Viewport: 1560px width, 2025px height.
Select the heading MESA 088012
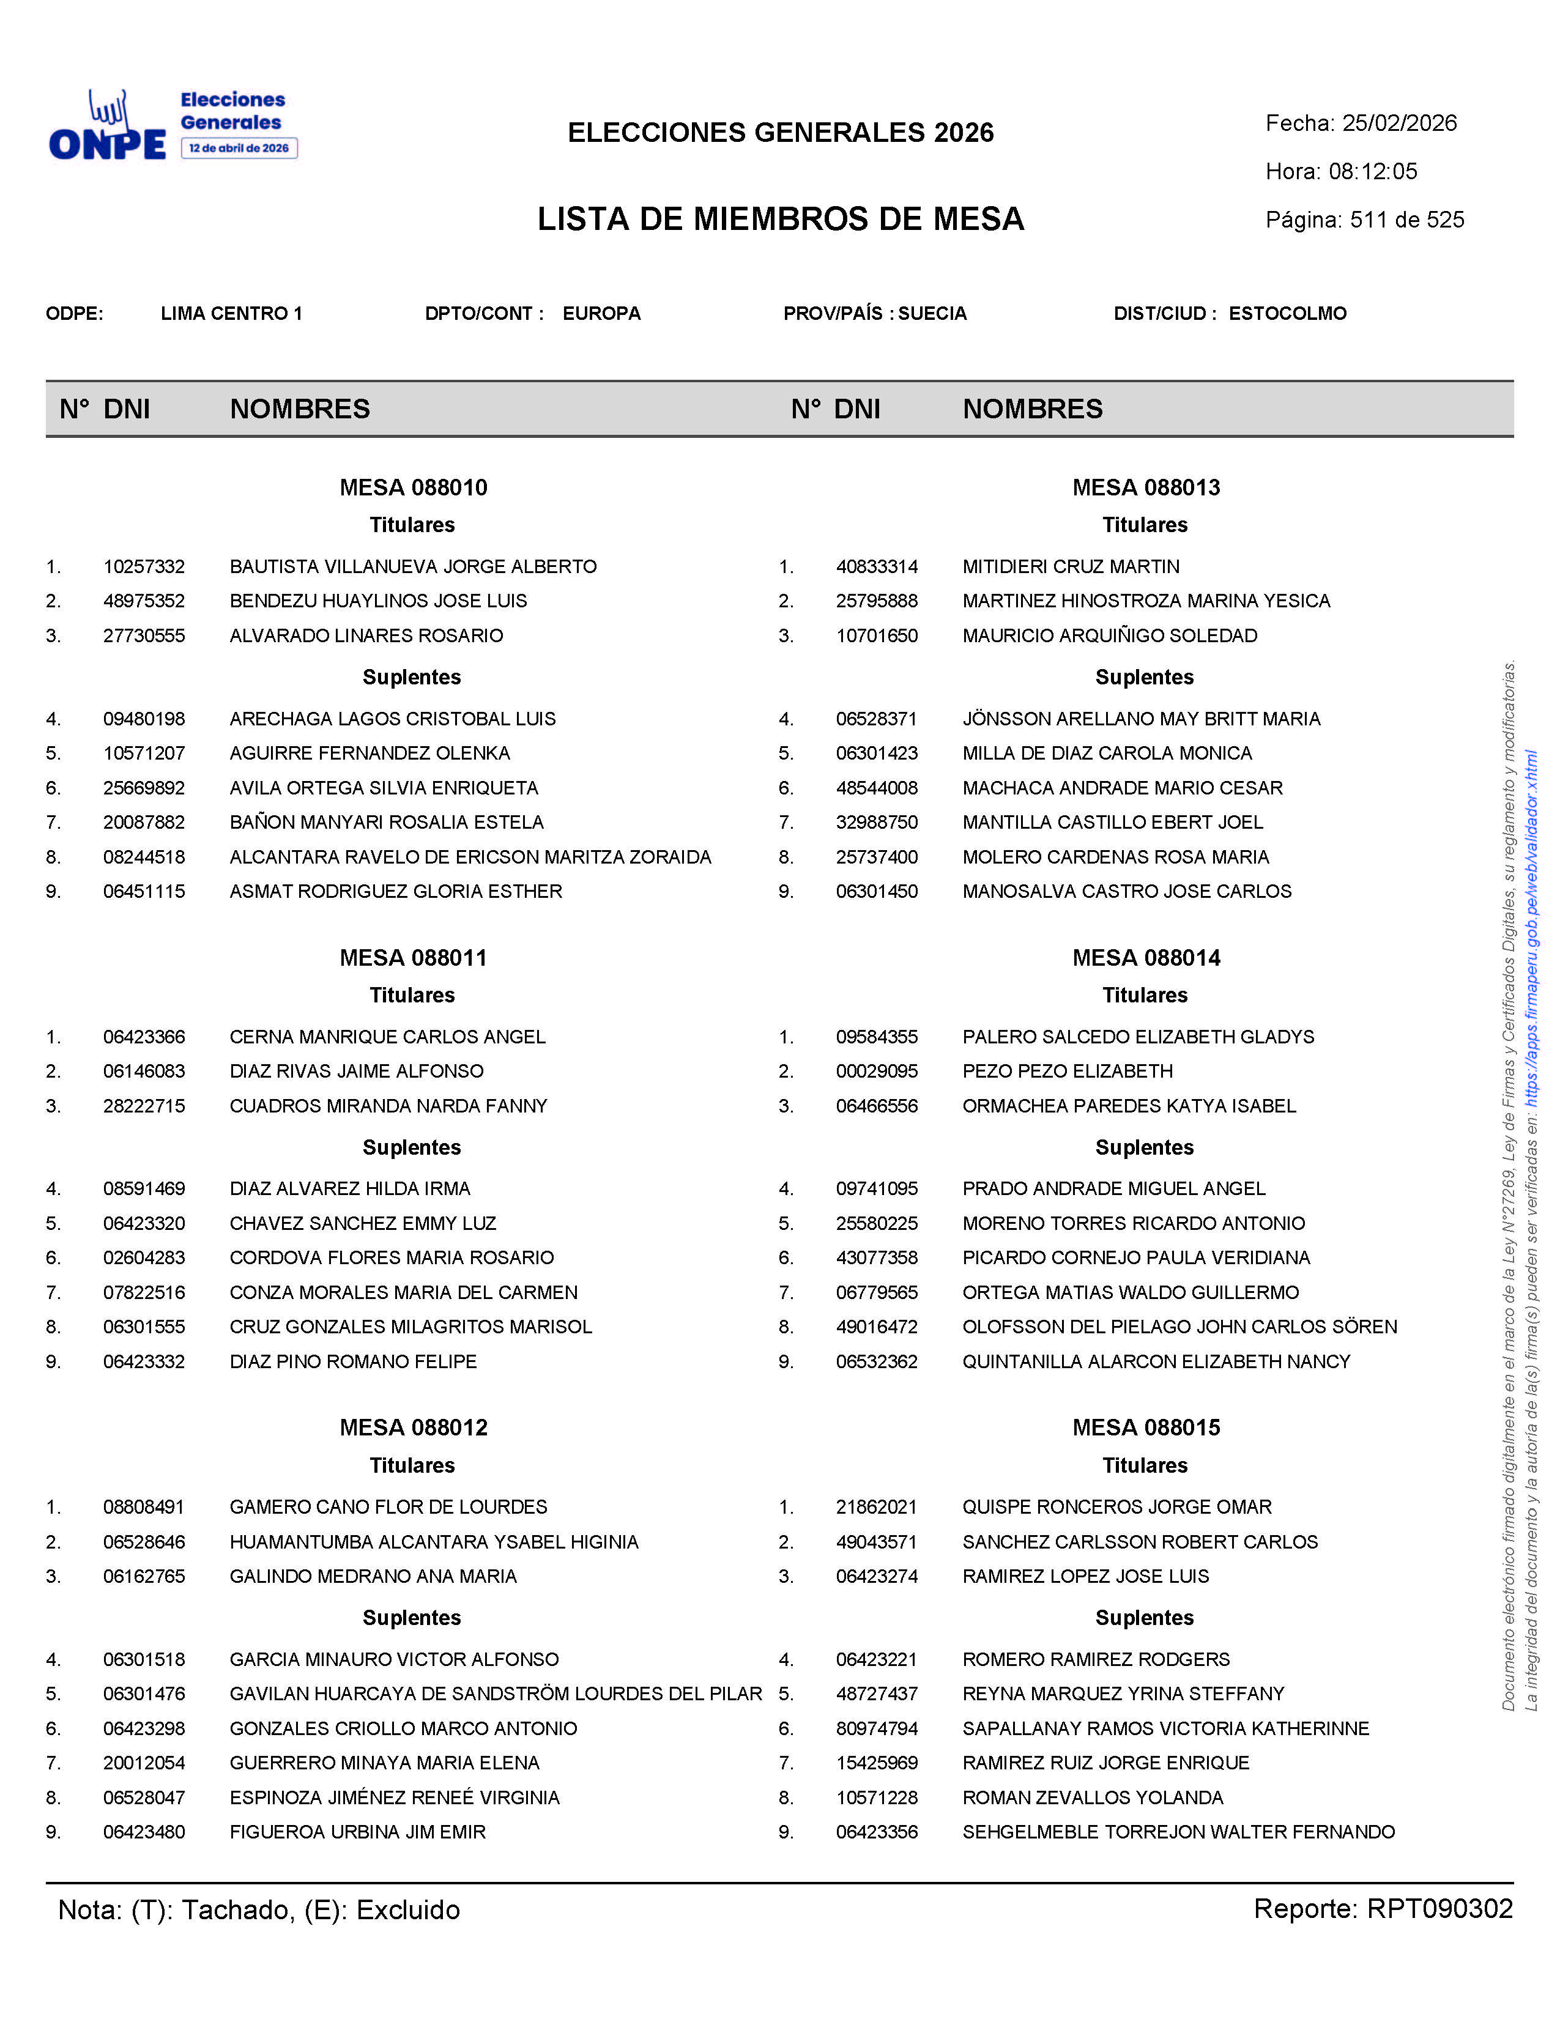(413, 1427)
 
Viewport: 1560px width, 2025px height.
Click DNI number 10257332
(144, 566)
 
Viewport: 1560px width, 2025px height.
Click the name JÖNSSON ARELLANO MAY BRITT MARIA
(1141, 719)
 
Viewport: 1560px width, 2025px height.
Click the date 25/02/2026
(1400, 124)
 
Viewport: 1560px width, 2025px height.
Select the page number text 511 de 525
(1407, 220)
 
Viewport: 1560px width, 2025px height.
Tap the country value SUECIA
(932, 313)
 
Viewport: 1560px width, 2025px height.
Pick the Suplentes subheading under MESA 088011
(412, 1147)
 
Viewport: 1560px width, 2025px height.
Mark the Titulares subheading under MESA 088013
(1145, 525)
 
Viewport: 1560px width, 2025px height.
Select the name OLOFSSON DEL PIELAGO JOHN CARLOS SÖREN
(1179, 1327)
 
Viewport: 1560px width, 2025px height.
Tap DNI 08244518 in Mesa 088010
(144, 857)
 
